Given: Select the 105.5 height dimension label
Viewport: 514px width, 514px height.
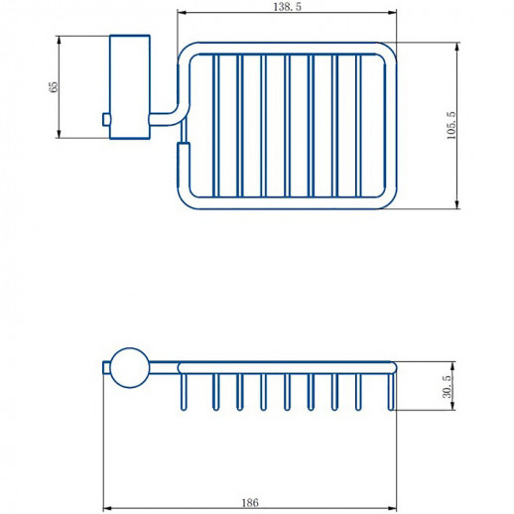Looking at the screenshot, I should click(450, 125).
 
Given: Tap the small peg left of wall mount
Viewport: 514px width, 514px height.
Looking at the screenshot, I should click(105, 120).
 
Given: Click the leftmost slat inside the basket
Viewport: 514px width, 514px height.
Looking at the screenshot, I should click(214, 123).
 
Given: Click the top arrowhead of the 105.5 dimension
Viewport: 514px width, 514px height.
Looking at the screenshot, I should click(457, 46).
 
